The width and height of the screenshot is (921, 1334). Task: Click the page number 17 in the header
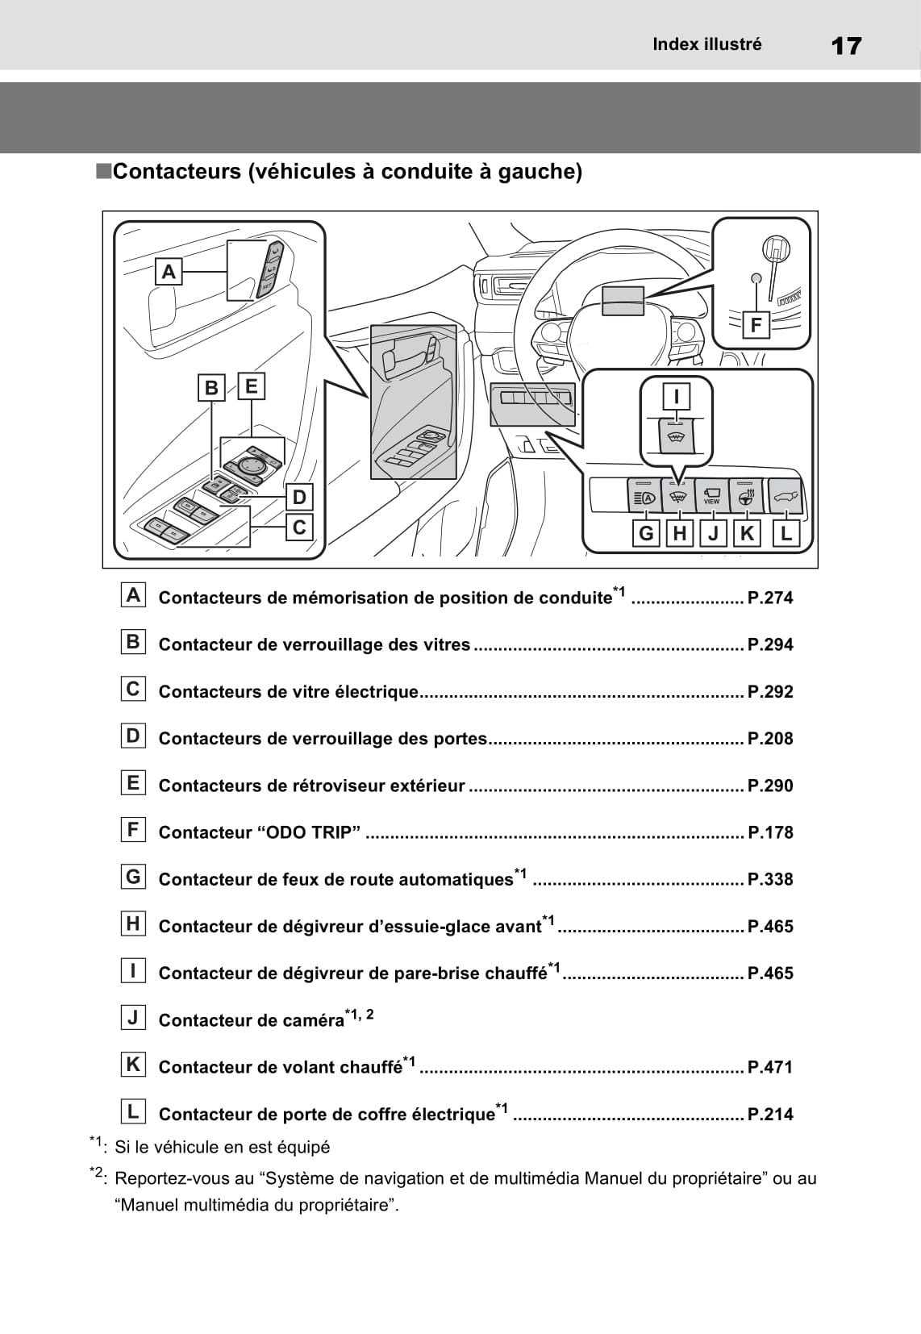[x=845, y=45]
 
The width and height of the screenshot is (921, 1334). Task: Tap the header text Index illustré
[x=707, y=44]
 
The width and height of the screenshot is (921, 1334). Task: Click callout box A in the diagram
[x=169, y=272]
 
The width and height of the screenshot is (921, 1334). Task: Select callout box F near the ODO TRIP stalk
[x=756, y=325]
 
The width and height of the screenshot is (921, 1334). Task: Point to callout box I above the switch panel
[x=677, y=396]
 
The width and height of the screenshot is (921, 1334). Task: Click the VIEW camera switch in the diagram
[x=711, y=496]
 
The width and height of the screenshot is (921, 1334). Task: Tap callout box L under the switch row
[x=786, y=533]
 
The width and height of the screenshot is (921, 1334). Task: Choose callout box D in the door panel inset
[x=299, y=497]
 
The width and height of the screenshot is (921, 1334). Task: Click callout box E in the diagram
[x=251, y=386]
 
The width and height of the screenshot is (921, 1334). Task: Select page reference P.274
[x=770, y=598]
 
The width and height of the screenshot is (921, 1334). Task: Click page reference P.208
[x=770, y=738]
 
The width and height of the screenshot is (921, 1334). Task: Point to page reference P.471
[x=770, y=1067]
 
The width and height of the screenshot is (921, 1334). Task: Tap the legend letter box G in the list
[x=133, y=877]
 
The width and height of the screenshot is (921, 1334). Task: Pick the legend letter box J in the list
[x=133, y=1018]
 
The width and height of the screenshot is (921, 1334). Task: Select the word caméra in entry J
[x=313, y=1020]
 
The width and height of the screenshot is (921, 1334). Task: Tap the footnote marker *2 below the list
[x=96, y=1174]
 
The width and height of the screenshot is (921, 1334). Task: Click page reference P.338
[x=770, y=879]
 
